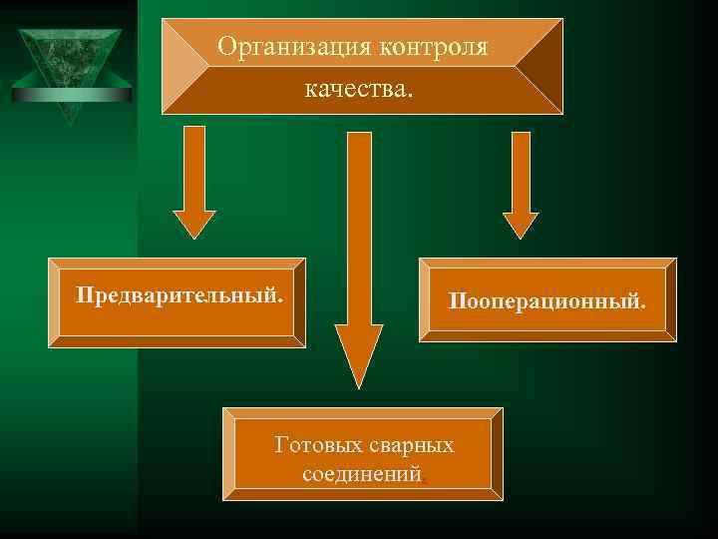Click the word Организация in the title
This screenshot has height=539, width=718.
pos(281,47)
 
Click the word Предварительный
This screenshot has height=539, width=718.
pos(179,296)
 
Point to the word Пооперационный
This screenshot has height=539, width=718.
pos(545,299)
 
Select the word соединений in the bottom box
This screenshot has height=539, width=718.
pos(361,474)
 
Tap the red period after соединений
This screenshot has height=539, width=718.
pos(426,480)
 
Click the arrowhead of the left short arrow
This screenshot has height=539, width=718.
pos(193,224)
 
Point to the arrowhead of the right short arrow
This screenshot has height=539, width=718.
pos(520,224)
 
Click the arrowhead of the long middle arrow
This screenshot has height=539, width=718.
pos(358,354)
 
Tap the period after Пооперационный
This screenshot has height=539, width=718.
pos(642,304)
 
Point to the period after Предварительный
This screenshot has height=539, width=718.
pos(278,301)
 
